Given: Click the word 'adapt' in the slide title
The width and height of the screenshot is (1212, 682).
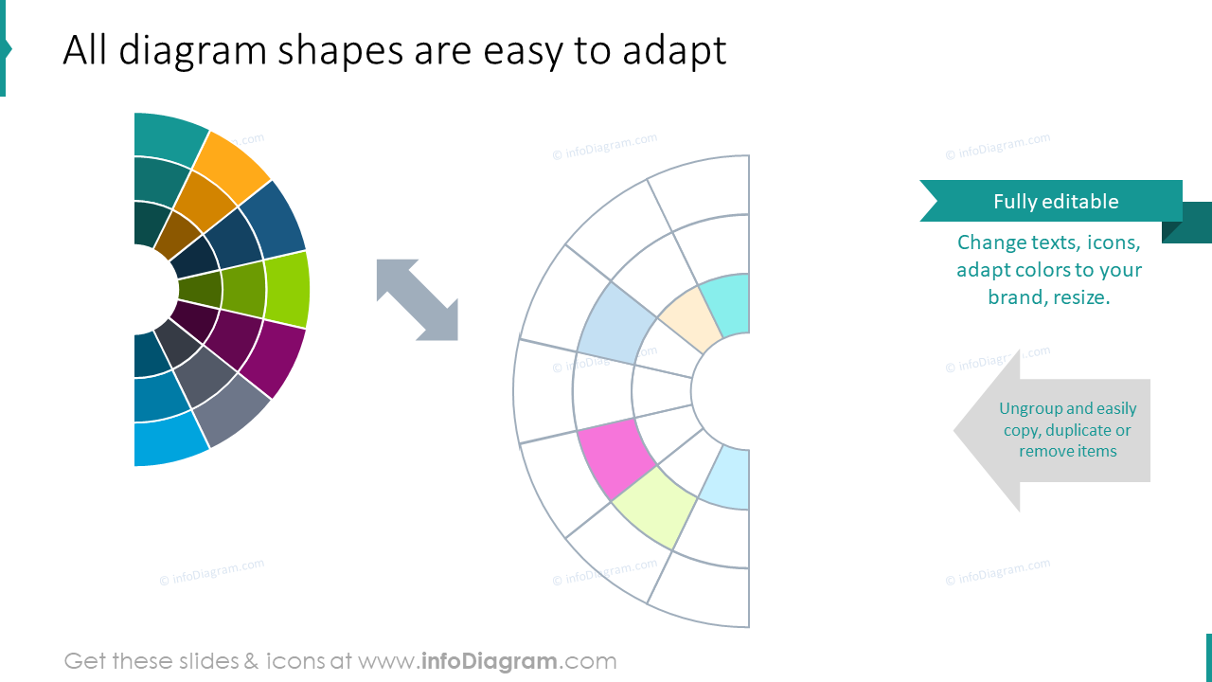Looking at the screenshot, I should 674,51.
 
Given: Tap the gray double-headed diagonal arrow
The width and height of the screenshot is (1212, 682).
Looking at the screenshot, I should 418,300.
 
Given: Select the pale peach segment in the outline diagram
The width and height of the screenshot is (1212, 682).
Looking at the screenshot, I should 684,320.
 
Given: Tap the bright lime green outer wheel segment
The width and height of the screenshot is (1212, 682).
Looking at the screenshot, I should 287,289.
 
